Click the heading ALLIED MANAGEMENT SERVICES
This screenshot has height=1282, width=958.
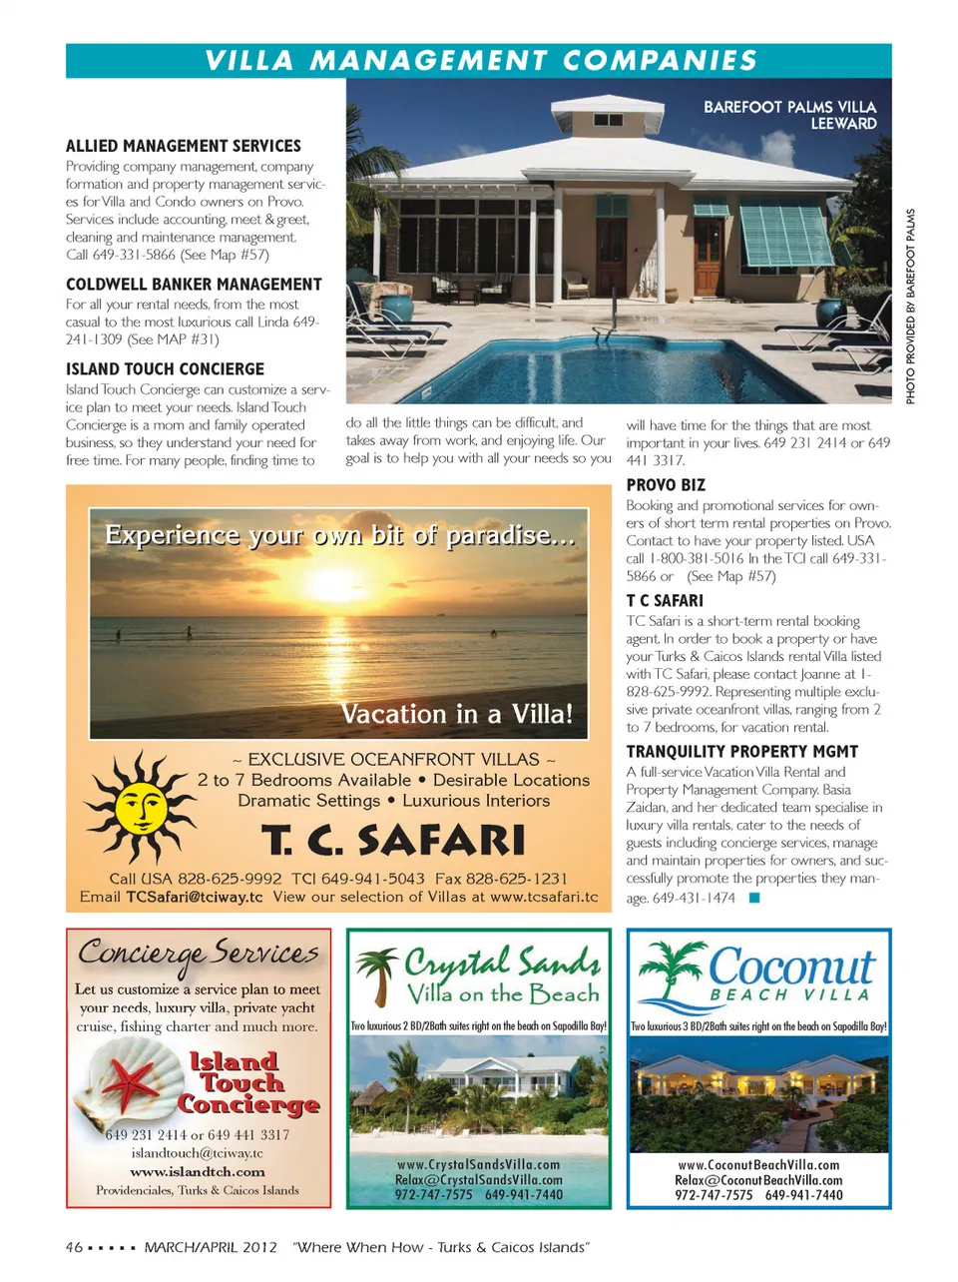[184, 146]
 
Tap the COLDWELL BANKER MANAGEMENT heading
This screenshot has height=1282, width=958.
[194, 285]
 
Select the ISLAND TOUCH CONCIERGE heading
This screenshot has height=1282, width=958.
[165, 369]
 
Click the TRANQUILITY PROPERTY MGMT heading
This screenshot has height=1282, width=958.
[741, 752]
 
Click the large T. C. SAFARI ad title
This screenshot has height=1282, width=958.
[393, 841]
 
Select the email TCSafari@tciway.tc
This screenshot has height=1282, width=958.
[195, 897]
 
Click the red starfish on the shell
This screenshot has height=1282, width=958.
[130, 1086]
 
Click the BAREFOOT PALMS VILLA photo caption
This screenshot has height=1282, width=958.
[789, 115]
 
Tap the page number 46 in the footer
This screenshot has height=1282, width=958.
[74, 1247]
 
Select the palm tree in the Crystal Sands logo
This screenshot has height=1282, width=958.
[378, 973]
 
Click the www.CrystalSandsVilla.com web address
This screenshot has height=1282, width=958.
[478, 1164]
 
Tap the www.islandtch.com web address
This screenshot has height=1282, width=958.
[198, 1171]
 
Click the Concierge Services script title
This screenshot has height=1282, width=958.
[199, 954]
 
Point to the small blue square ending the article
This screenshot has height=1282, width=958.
[754, 898]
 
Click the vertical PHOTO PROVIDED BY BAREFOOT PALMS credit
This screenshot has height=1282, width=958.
[910, 307]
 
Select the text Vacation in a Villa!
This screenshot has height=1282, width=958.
[457, 714]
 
